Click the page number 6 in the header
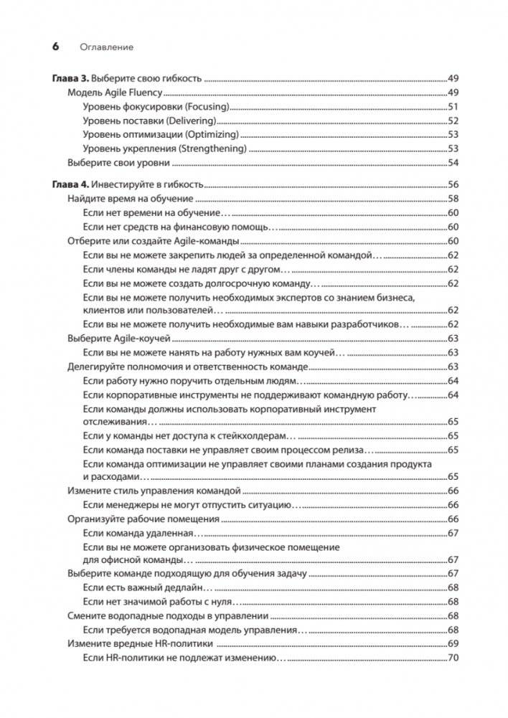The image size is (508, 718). (x=55, y=47)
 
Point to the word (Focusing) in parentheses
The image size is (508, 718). (x=207, y=107)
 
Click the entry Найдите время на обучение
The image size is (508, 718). (x=130, y=198)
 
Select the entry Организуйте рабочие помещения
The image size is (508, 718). (x=139, y=519)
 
